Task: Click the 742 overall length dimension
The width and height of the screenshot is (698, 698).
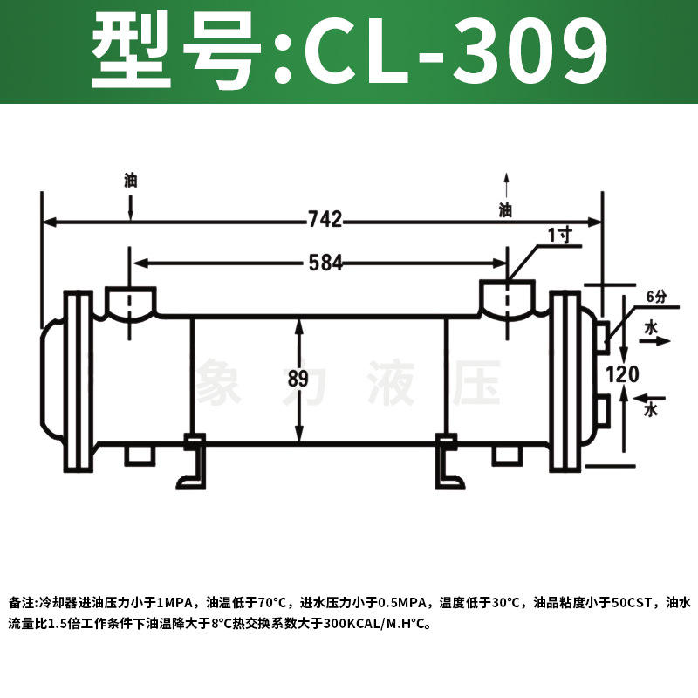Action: tap(325, 219)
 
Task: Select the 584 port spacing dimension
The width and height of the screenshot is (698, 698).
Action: tap(325, 263)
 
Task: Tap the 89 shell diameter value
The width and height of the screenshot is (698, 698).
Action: tap(298, 379)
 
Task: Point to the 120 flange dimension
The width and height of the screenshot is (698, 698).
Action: tap(622, 373)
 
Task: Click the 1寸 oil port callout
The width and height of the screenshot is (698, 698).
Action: tap(560, 235)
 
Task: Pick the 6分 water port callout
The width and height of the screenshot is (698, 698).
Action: tap(657, 297)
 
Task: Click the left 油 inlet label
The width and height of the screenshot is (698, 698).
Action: tap(130, 181)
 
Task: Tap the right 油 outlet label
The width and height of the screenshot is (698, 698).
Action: tap(505, 209)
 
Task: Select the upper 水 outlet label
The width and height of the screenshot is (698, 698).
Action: tap(651, 328)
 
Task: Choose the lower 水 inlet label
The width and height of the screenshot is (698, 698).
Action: tap(651, 409)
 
